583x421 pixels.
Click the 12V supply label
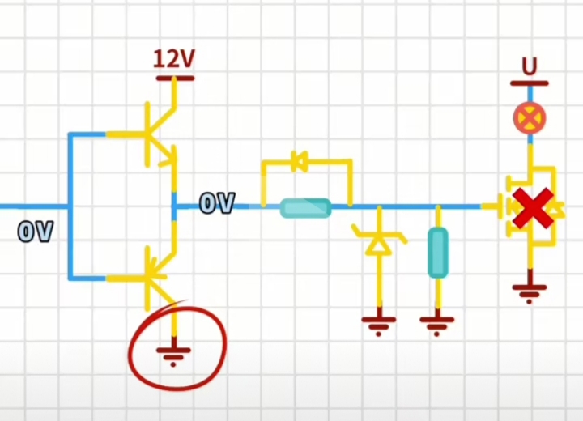click(174, 59)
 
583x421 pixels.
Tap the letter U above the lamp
click(530, 66)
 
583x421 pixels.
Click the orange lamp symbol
click(530, 119)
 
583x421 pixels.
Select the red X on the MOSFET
click(533, 208)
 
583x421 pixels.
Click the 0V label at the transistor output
click(217, 203)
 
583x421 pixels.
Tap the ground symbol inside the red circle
click(173, 355)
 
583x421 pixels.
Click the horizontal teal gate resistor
click(306, 208)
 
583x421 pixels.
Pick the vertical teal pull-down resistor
click(437, 253)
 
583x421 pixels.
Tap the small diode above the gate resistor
click(299, 163)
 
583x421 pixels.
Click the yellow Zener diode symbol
click(377, 241)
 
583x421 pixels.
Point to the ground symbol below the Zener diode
click(378, 325)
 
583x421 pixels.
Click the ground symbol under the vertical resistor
click(437, 325)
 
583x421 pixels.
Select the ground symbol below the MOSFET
click(530, 291)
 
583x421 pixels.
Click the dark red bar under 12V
click(174, 79)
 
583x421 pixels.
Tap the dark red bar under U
click(530, 83)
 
